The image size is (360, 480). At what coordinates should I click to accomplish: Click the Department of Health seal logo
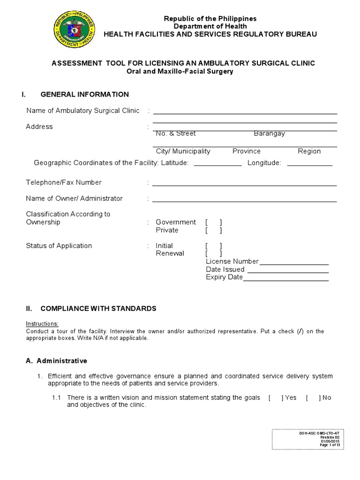pyautogui.click(x=74, y=30)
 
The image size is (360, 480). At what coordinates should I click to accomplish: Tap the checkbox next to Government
pyautogui.click(x=213, y=222)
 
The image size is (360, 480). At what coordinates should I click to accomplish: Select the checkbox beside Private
pyautogui.click(x=213, y=230)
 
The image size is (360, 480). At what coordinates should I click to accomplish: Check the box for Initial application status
pyautogui.click(x=213, y=246)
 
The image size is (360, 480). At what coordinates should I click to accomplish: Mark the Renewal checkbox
pyautogui.click(x=213, y=254)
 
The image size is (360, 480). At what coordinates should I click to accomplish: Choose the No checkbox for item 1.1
pyautogui.click(x=313, y=397)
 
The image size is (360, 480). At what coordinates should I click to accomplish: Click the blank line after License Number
pyautogui.click(x=294, y=263)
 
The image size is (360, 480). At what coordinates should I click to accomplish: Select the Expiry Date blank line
pyautogui.click(x=286, y=279)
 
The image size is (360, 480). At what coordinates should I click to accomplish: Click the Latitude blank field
pyautogui.click(x=217, y=165)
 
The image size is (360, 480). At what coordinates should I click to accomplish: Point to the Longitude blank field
pyautogui.click(x=309, y=165)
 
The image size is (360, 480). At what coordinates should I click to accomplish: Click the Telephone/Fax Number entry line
pyautogui.click(x=244, y=185)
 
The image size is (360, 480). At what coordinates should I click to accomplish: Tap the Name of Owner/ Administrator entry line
pyautogui.click(x=244, y=201)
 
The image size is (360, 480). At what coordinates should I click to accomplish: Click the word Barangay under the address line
pyautogui.click(x=269, y=134)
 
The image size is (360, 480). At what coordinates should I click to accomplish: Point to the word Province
pyautogui.click(x=246, y=151)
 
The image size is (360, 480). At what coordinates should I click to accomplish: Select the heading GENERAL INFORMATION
pyautogui.click(x=84, y=94)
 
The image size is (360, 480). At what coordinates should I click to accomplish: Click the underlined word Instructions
pyautogui.click(x=42, y=324)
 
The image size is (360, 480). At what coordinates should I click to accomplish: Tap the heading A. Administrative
pyautogui.click(x=56, y=361)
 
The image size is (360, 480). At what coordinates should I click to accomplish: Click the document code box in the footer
pyautogui.click(x=307, y=439)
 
